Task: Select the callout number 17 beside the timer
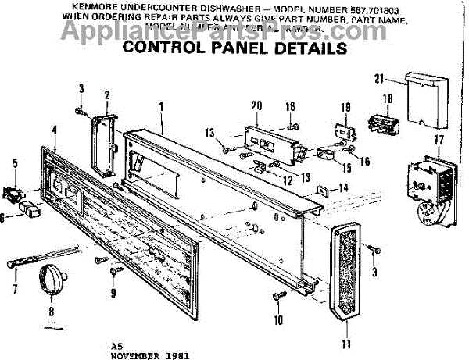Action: click(x=439, y=141)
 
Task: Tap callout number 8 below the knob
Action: click(x=52, y=311)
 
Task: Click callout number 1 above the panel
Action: click(x=161, y=105)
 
